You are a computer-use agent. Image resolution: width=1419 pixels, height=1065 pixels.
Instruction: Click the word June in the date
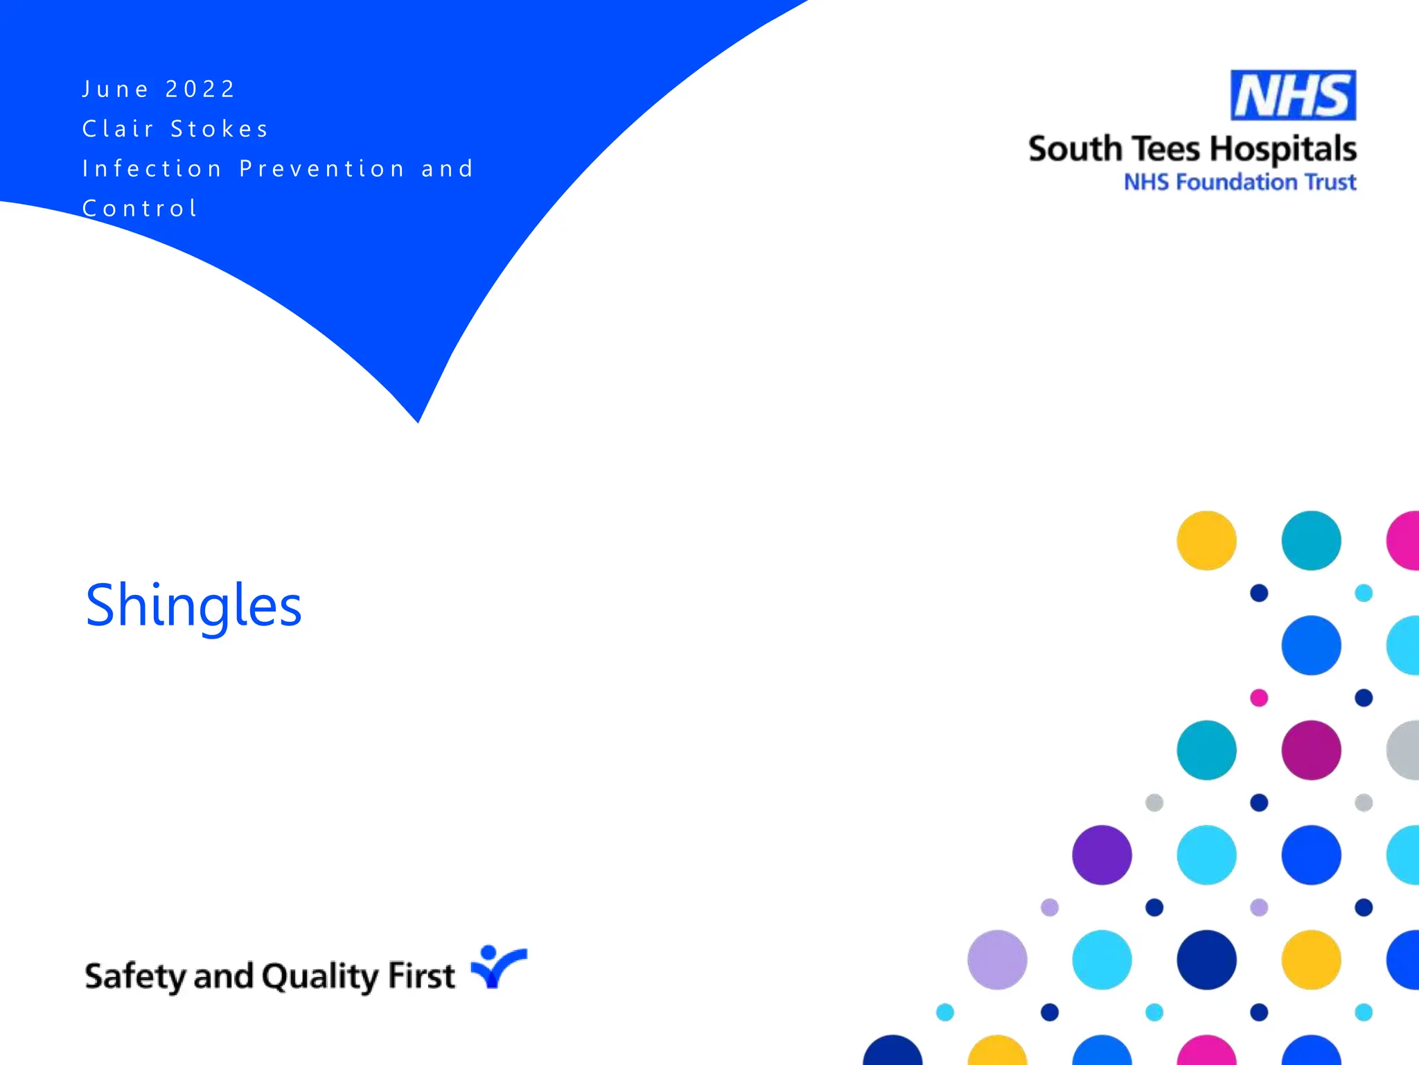click(115, 89)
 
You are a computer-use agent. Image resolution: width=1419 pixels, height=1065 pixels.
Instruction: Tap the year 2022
click(201, 89)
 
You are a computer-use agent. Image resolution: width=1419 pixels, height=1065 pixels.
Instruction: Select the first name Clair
click(118, 129)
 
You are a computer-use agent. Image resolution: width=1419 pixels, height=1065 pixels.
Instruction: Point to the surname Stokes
click(220, 129)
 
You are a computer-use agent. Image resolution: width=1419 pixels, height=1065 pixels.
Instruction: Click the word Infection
click(152, 168)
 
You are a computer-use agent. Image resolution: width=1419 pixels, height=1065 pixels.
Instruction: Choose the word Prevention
click(322, 168)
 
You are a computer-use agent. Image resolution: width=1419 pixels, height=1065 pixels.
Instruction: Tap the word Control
click(141, 208)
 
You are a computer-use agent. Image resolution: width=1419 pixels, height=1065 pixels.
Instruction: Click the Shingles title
click(193, 606)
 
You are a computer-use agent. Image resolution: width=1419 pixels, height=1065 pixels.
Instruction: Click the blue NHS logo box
click(1293, 95)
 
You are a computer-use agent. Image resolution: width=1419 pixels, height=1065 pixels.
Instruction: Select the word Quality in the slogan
click(320, 976)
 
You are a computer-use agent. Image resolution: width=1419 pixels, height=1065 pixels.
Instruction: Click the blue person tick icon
click(497, 967)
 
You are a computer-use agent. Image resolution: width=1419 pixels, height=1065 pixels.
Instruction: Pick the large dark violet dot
click(1102, 855)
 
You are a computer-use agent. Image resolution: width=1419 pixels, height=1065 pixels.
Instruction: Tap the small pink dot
click(1259, 698)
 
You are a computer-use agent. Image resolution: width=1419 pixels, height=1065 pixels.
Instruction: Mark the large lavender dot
click(997, 960)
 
